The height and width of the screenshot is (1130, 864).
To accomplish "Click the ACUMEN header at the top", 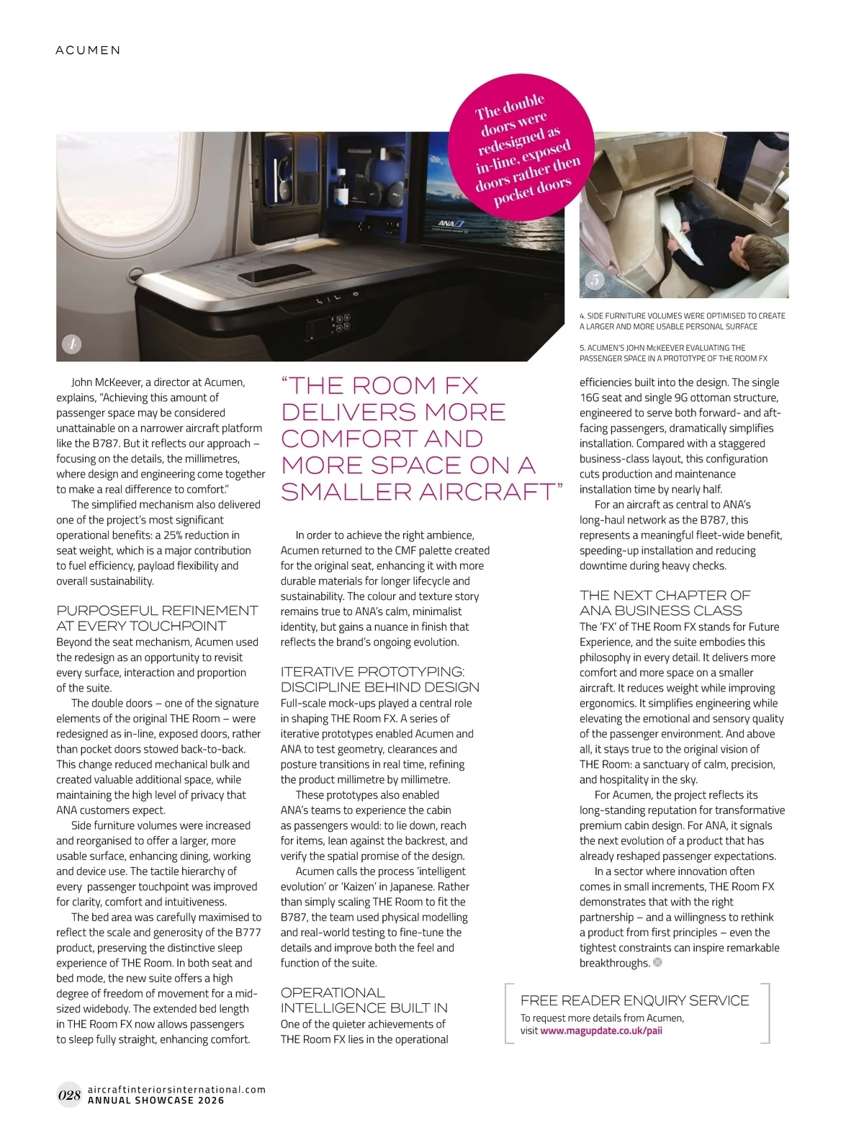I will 88,50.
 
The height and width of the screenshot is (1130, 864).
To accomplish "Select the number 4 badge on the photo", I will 72,344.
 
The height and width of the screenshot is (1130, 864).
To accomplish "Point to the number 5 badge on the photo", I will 594,280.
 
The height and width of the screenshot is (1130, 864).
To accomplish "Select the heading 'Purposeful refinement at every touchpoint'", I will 157,618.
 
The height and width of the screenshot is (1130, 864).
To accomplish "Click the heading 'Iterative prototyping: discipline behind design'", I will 379,679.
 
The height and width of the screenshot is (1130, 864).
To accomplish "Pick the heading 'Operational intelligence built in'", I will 364,1000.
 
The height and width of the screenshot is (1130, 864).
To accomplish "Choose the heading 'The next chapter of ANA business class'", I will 665,603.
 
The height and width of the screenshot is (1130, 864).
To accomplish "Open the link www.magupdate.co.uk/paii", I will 601,1031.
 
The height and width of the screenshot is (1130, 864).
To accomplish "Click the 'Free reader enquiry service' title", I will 634,1000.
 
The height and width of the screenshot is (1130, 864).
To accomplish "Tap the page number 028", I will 68,1095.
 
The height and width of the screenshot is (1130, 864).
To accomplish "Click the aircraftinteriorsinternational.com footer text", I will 176,1090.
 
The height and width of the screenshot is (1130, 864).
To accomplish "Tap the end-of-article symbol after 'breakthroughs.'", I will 657,963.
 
